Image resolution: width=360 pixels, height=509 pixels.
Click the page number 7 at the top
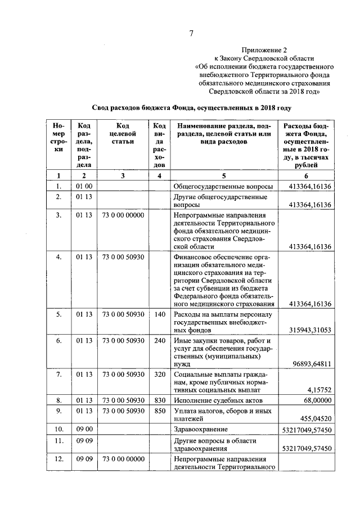click(x=191, y=34)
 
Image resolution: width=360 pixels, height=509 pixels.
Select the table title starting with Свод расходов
click(x=191, y=107)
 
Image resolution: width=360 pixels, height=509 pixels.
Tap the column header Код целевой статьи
click(x=123, y=134)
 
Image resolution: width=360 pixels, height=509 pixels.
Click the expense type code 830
click(x=159, y=400)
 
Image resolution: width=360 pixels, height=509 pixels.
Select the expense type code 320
click(x=159, y=374)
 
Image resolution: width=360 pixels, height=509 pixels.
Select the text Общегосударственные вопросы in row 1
click(x=223, y=186)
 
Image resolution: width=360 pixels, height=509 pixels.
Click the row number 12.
click(x=58, y=460)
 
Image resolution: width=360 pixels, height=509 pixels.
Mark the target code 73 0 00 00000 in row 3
click(x=123, y=215)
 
